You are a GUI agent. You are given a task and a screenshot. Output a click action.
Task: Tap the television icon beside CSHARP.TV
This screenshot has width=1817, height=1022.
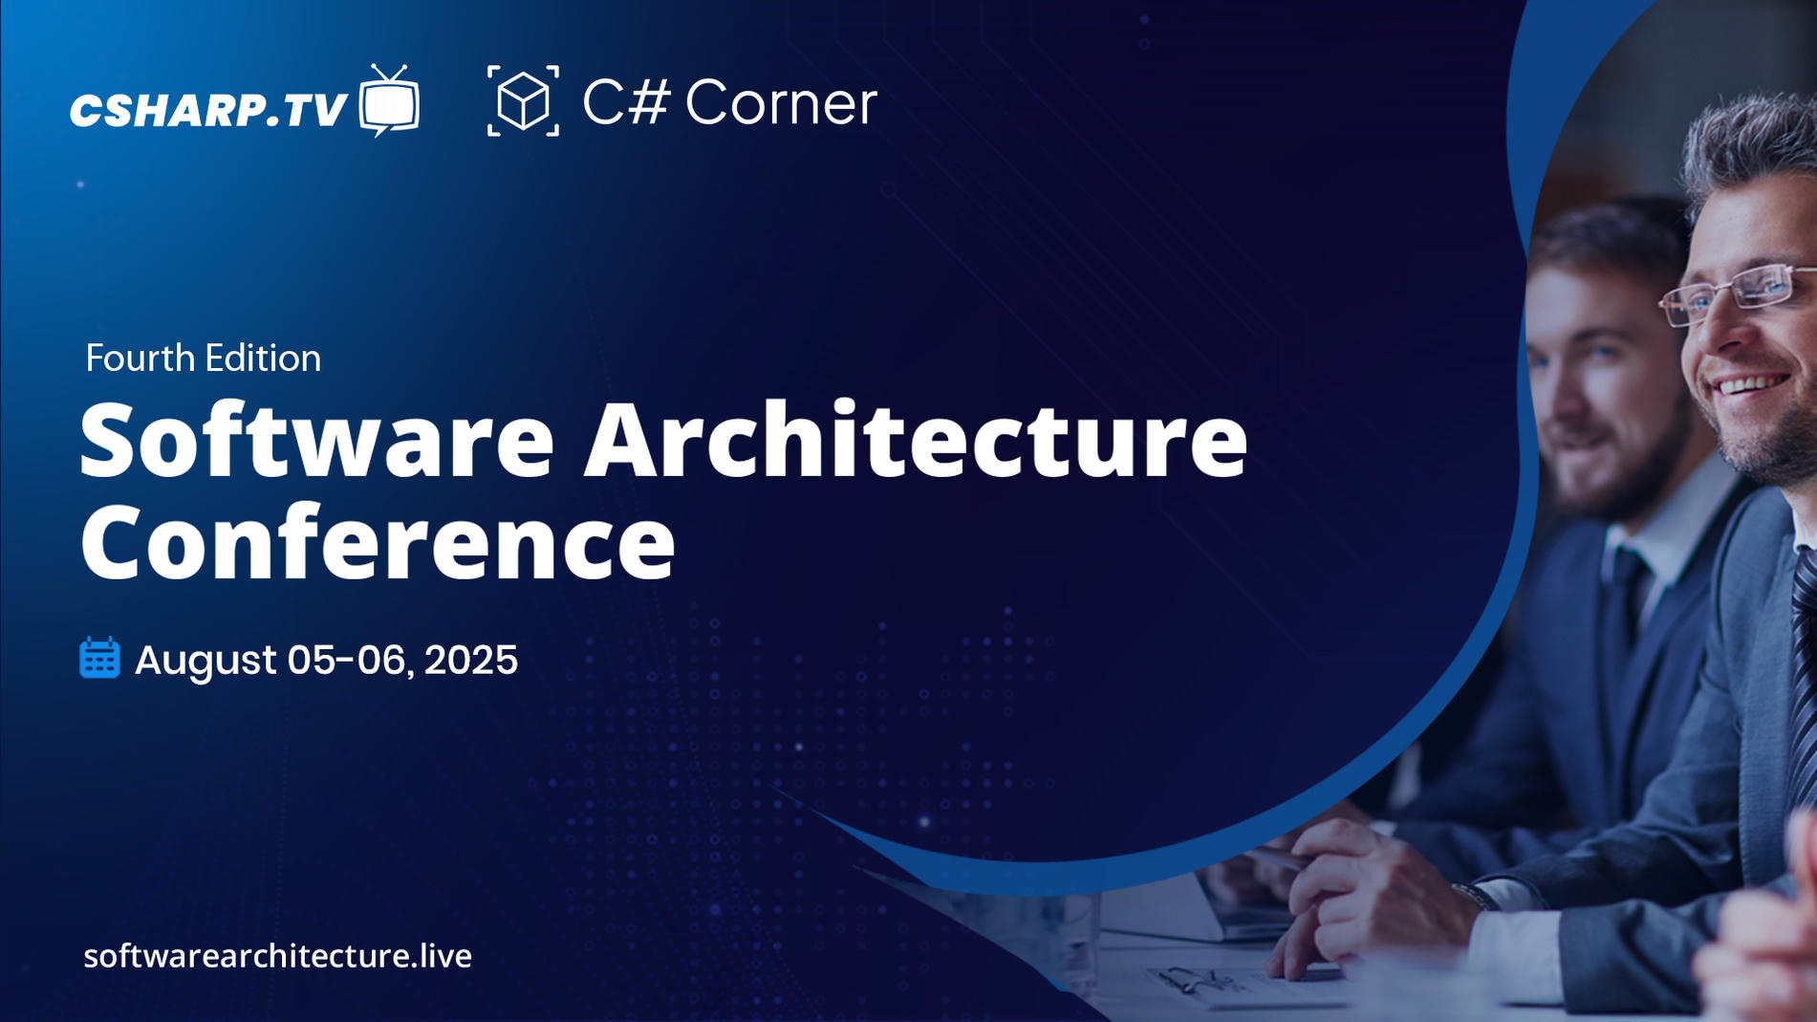click(389, 101)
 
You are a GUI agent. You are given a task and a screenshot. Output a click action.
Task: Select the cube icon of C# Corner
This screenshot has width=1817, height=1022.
click(523, 100)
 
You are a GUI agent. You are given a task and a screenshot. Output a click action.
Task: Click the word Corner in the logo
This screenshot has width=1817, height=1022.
click(780, 103)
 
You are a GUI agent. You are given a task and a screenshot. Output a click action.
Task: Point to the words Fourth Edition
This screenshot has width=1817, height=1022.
click(203, 359)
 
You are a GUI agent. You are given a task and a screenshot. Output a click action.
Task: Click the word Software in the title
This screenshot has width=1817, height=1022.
click(316, 441)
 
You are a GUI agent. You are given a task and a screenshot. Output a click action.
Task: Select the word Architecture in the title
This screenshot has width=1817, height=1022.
click(915, 441)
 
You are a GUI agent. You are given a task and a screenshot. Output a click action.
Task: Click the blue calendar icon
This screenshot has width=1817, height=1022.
click(99, 659)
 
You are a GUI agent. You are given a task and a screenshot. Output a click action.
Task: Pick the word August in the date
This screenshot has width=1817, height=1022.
click(205, 660)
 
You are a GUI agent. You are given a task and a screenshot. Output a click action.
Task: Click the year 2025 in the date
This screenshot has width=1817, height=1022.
click(470, 660)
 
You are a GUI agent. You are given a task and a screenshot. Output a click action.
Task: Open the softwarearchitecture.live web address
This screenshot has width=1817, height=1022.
click(277, 956)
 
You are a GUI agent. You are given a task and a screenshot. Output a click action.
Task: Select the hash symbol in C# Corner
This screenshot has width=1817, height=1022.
click(649, 101)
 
